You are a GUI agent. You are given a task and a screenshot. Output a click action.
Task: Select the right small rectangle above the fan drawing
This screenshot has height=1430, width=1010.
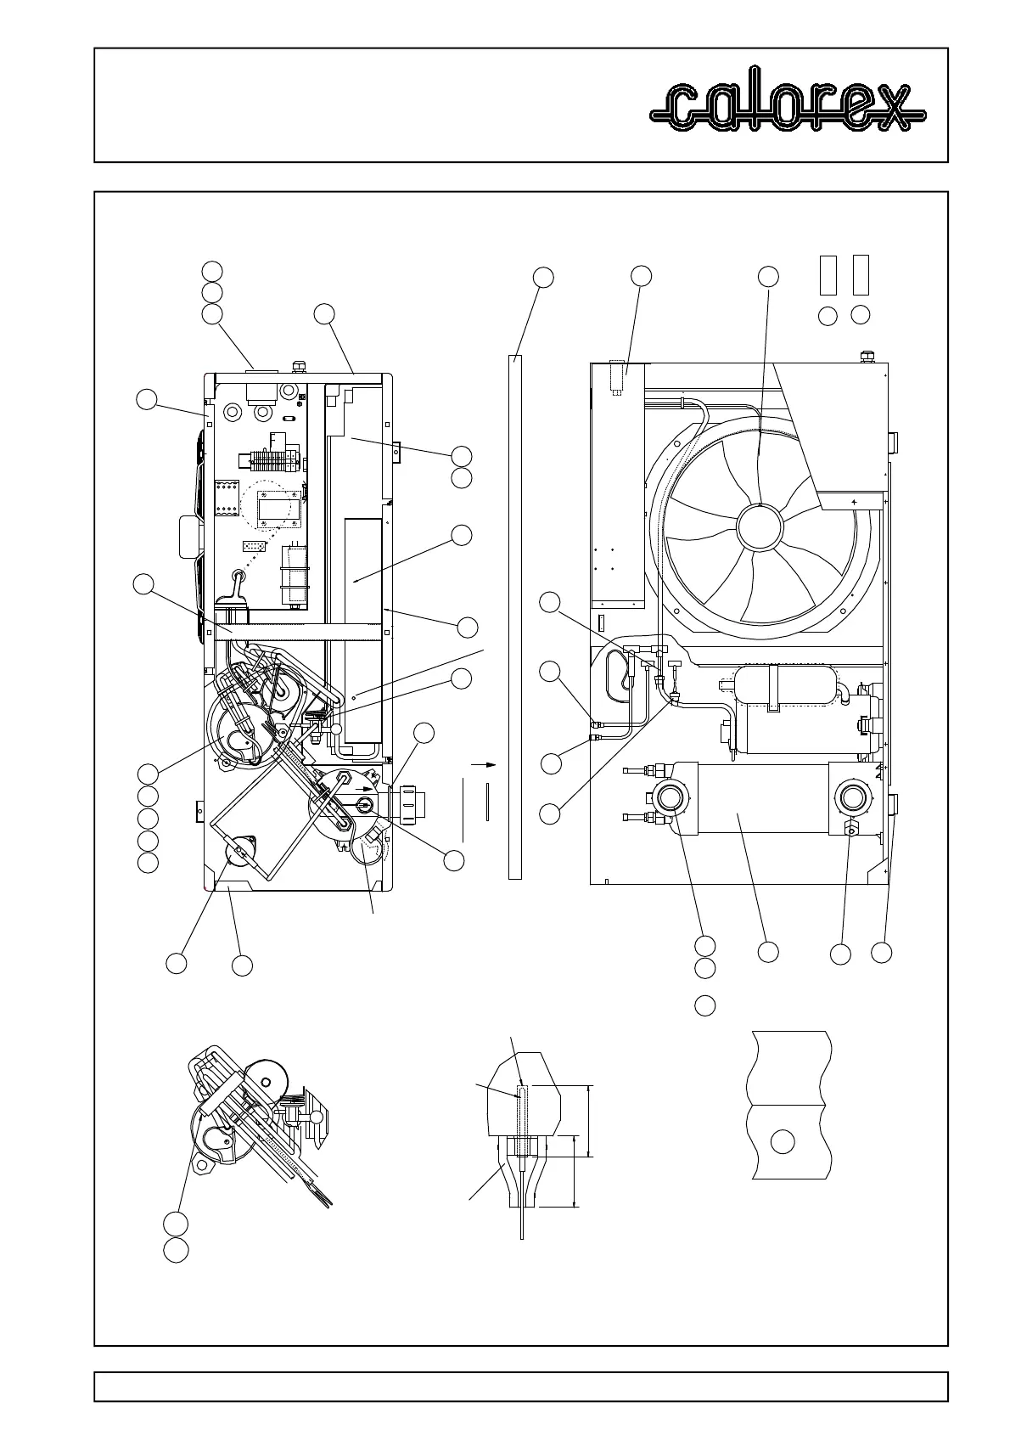[x=861, y=273]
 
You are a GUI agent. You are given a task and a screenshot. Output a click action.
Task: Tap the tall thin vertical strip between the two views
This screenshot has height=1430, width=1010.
[x=514, y=616]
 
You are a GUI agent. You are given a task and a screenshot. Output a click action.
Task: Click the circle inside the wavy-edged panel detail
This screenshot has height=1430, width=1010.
[x=783, y=1142]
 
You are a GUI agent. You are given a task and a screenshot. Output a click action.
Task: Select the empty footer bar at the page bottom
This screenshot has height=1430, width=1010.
[x=520, y=1386]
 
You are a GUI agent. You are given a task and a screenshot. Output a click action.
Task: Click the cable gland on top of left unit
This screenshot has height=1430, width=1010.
[x=298, y=366]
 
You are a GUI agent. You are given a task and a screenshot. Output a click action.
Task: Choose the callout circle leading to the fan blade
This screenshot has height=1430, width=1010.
[x=767, y=277]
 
